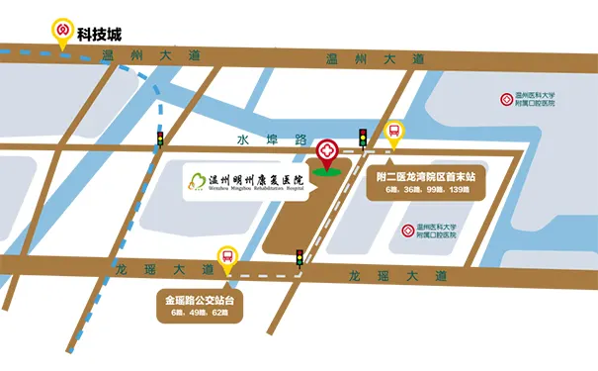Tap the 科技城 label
pos(106,32)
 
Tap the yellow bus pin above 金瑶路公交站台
pos(228,260)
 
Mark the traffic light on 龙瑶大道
pos(299,258)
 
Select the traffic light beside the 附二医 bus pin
pos(363,138)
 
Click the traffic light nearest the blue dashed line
pos(160,139)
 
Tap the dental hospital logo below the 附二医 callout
pos(408,231)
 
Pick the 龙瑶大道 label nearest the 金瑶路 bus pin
pos(165,269)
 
